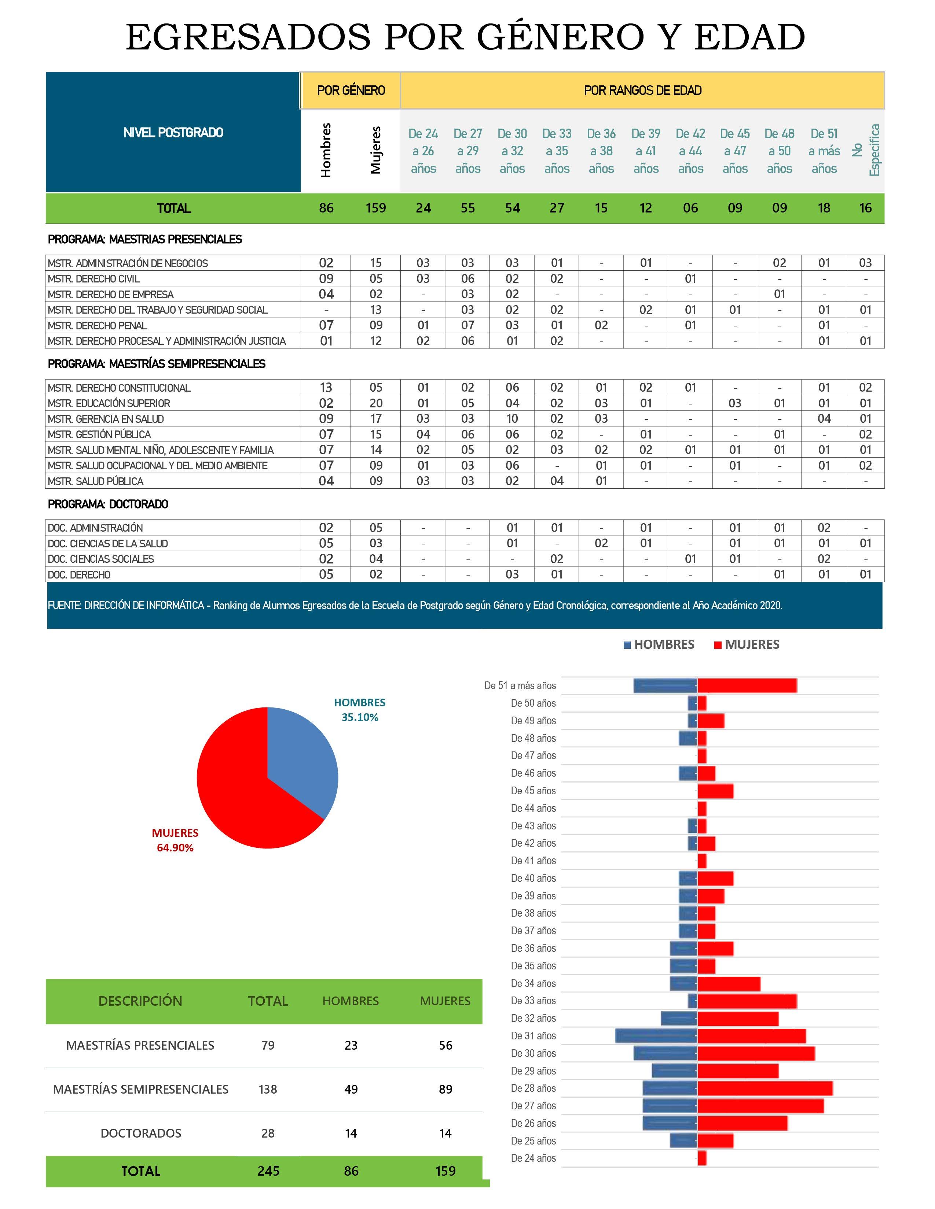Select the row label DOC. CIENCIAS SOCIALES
click(101, 559)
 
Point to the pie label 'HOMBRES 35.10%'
click(359, 710)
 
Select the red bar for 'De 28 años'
click(765, 1088)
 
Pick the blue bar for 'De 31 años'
click(656, 1036)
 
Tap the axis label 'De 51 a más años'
click(520, 686)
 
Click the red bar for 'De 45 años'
click(716, 791)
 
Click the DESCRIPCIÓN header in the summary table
click(140, 1001)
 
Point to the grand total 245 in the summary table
click(268, 1171)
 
